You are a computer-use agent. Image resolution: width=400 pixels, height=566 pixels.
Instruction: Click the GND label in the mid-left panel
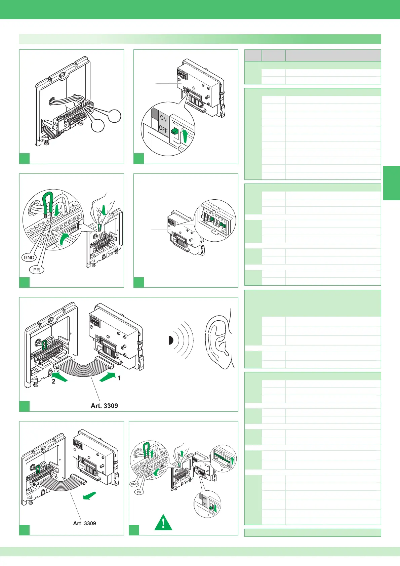(x=29, y=257)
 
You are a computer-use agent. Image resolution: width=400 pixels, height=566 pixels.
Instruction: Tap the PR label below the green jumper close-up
(x=37, y=270)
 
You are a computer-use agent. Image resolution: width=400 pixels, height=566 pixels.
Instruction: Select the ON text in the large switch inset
(x=163, y=118)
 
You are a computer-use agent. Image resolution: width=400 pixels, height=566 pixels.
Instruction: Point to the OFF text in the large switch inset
(x=163, y=129)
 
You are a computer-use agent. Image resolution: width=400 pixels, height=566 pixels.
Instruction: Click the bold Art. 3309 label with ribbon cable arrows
(x=104, y=406)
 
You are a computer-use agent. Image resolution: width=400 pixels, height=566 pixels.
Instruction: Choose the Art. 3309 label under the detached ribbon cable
(x=84, y=523)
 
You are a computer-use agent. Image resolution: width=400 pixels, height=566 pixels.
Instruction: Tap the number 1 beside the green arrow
(x=119, y=378)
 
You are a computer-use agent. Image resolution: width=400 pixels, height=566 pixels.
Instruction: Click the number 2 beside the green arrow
(x=53, y=381)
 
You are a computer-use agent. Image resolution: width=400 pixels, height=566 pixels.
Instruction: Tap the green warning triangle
(x=163, y=523)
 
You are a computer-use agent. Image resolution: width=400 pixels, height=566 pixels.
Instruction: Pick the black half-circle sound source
(x=170, y=340)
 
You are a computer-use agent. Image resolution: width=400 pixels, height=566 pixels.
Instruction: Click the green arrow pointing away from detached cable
(x=90, y=496)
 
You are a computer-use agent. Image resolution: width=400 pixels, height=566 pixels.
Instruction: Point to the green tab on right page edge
(x=391, y=183)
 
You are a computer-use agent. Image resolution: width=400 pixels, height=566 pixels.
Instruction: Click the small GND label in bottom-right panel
(x=134, y=484)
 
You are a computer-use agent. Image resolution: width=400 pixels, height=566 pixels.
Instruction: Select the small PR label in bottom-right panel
(x=139, y=492)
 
